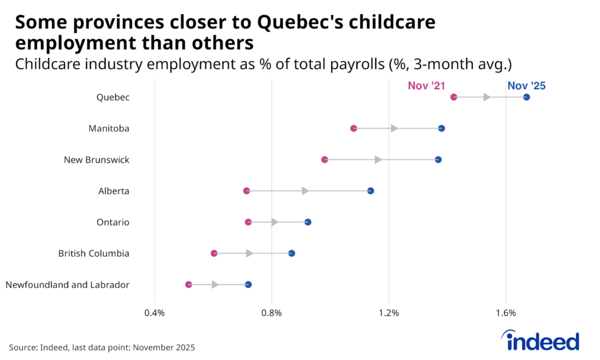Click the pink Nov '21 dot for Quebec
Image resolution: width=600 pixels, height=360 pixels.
coord(454,97)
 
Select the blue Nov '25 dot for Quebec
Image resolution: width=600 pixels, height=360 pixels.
coord(526,97)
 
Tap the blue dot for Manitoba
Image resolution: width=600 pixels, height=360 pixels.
coord(441,128)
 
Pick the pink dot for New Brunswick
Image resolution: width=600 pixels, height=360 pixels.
coord(325,159)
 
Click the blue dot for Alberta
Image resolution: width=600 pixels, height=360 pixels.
coord(370,191)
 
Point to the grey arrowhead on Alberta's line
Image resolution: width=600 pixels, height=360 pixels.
coord(305,191)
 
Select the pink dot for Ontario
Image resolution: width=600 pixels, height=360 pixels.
coord(248,222)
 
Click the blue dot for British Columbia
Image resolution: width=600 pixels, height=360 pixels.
coord(291,253)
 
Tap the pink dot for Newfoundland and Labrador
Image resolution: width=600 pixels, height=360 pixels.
coord(189,284)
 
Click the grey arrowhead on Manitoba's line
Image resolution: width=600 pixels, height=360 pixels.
coord(394,128)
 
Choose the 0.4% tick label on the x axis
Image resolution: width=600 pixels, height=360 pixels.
coord(154,313)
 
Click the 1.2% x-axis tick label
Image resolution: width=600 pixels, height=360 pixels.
coord(388,313)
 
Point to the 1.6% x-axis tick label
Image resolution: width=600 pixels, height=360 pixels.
coord(506,313)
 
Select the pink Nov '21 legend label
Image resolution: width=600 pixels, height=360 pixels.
coord(427,86)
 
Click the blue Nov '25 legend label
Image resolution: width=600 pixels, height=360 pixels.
coord(526,86)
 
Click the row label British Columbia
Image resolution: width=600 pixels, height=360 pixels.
coord(94,253)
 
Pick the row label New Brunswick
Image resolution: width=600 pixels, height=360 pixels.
coord(97,159)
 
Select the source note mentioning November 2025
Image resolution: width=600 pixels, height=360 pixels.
coord(102,347)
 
